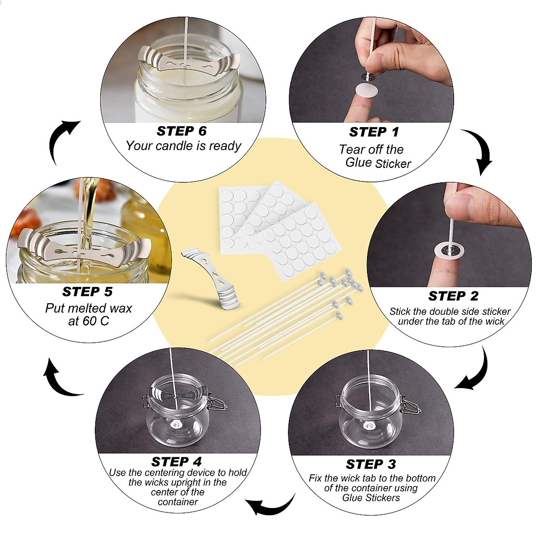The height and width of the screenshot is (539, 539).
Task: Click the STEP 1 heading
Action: tap(374, 132)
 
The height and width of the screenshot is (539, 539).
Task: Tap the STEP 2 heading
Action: tap(453, 296)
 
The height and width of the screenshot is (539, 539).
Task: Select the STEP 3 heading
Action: tap(371, 464)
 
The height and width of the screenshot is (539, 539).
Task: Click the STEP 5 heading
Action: tap(87, 292)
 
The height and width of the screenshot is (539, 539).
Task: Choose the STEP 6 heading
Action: tap(181, 131)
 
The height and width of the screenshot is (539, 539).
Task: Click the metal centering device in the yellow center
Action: tap(211, 279)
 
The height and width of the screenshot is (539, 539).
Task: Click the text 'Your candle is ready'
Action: tap(183, 146)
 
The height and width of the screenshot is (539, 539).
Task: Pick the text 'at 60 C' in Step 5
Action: tap(88, 321)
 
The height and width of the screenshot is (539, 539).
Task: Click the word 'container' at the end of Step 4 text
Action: tap(178, 502)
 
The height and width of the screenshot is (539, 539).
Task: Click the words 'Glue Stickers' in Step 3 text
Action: tap(371, 498)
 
